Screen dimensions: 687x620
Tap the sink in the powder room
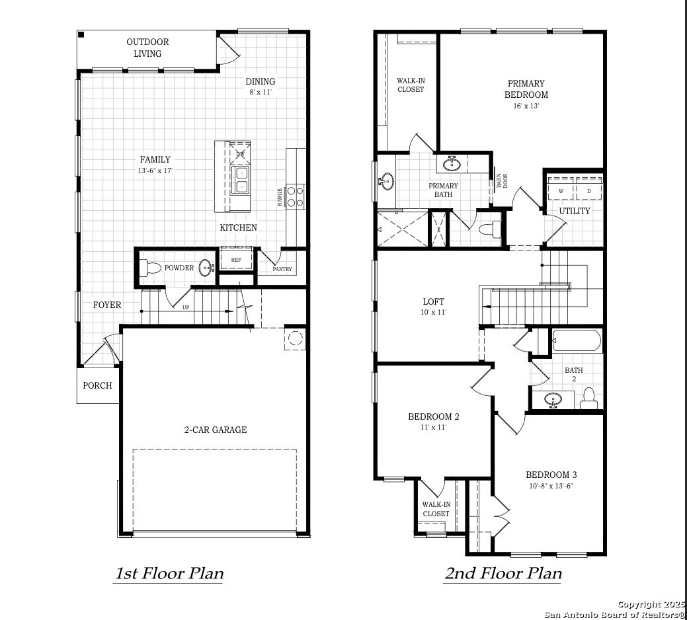[206, 268]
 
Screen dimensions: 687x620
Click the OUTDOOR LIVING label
[147, 48]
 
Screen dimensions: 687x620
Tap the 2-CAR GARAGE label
[215, 430]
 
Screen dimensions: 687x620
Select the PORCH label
[97, 386]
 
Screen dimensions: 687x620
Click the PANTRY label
[282, 269]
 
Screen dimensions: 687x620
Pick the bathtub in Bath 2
[577, 340]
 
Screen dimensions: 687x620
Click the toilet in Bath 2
[588, 399]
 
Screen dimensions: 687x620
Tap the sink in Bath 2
[553, 400]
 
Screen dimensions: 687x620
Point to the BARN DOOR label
[502, 181]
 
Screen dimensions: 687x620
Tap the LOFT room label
[433, 301]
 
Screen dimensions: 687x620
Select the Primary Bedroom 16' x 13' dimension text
[526, 106]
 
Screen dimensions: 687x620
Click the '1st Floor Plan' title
[169, 573]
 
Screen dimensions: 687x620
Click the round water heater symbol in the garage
[295, 338]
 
